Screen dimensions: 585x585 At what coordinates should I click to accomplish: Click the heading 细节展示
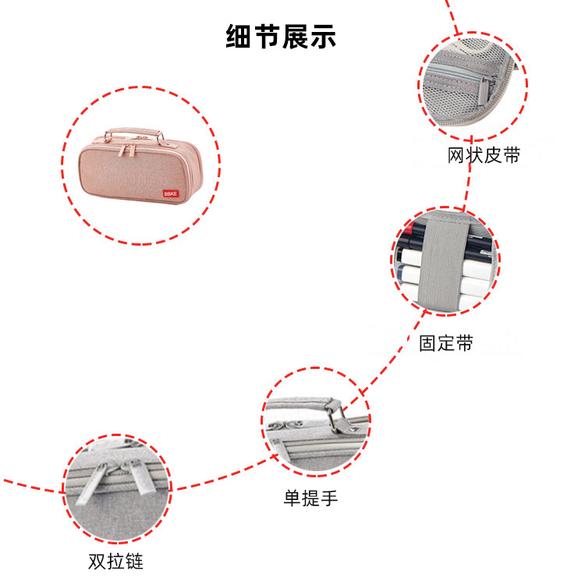(x=282, y=37)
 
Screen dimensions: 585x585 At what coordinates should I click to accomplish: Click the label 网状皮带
(x=484, y=155)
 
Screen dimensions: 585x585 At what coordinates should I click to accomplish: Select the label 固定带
(x=445, y=342)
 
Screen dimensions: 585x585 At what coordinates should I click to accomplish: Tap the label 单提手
(x=310, y=498)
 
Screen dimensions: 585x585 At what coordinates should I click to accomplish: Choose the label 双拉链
(x=115, y=561)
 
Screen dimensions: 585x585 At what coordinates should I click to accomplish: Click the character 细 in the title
(x=239, y=37)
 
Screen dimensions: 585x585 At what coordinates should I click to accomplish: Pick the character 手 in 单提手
(x=328, y=498)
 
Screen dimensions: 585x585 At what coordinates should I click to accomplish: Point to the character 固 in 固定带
(x=428, y=342)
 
